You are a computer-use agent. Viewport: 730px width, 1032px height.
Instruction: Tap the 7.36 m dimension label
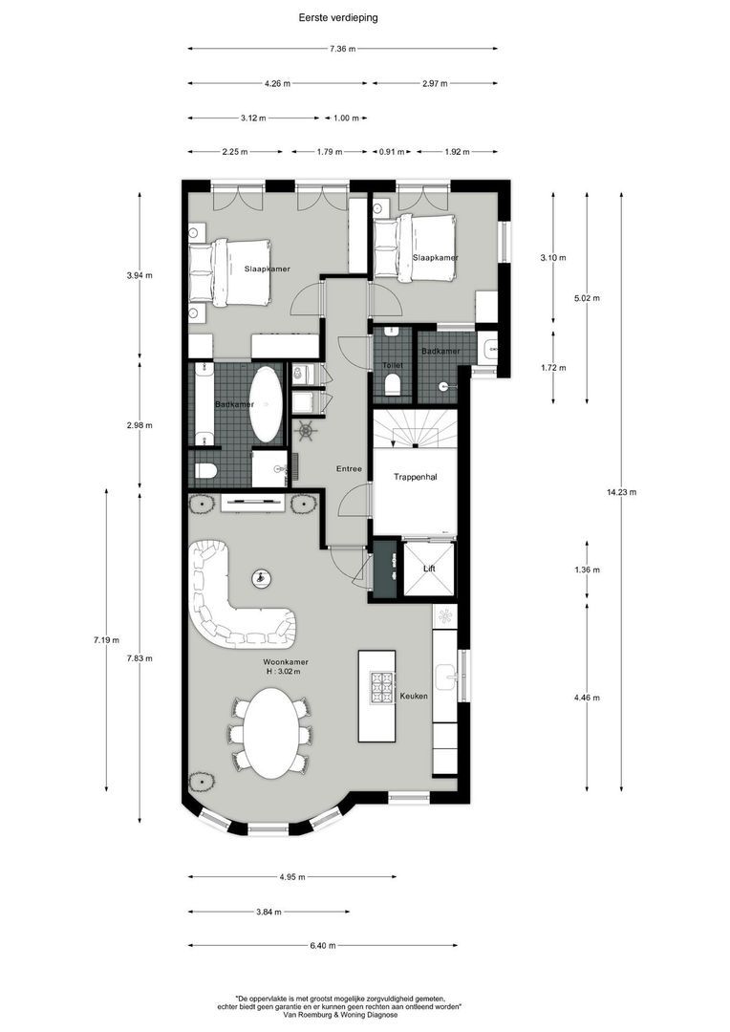pos(343,49)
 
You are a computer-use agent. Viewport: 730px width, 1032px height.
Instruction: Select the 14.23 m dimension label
pos(621,492)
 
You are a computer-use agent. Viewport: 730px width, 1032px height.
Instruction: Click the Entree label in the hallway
pos(348,468)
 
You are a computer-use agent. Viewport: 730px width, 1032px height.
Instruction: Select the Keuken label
pos(414,696)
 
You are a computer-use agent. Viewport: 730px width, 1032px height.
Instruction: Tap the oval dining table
pos(268,733)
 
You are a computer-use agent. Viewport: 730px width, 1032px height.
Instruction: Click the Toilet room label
pos(392,365)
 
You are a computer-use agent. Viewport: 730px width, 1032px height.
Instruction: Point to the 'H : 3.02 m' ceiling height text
pos(283,672)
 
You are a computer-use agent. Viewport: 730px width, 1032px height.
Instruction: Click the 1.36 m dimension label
pos(588,570)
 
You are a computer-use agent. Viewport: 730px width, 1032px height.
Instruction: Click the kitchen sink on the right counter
pos(445,677)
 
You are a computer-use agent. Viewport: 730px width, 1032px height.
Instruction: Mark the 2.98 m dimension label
pos(140,425)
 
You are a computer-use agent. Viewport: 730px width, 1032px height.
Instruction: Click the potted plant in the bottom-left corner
pos(202,782)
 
